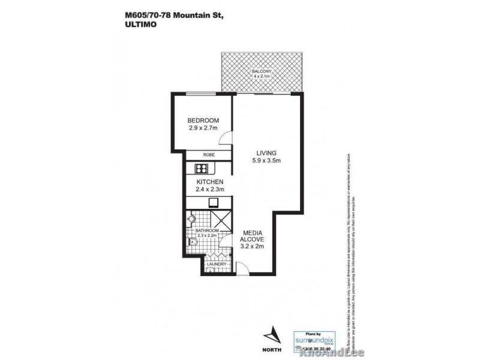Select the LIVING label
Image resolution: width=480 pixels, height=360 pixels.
pos(265,152)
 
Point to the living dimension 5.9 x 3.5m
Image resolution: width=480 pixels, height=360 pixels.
pos(265,161)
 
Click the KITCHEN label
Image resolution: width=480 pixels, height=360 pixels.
pos(210,182)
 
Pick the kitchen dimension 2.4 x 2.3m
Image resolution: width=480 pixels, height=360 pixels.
pos(210,190)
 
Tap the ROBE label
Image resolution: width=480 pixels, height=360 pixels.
pos(208,155)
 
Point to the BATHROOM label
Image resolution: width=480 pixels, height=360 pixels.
pos(206,230)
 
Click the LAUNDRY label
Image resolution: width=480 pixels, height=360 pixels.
pos(215,264)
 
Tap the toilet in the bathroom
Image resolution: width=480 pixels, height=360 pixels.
pos(191,242)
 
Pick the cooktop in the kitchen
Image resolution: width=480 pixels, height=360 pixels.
pos(214,203)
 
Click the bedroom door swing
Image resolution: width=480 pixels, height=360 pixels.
pos(226,139)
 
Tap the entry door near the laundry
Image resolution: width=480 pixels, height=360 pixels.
pos(238,268)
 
